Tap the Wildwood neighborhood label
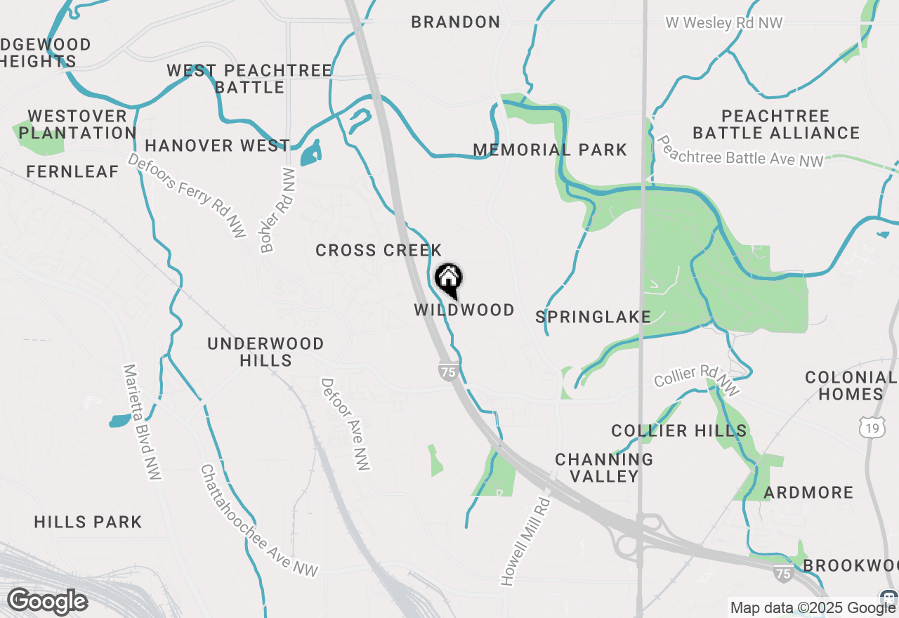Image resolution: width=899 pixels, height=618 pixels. coord(464,310)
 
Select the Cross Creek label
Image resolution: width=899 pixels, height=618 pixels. coord(379,250)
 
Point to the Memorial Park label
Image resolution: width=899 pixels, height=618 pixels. coord(550,150)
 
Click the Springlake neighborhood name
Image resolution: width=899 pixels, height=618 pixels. coord(593,317)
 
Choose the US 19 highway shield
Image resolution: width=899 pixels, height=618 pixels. coord(872,426)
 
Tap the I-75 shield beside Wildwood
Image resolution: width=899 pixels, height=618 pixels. coord(448,372)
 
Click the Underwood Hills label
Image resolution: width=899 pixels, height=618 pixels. coord(265,352)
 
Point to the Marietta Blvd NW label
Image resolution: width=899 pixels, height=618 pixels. coord(142,421)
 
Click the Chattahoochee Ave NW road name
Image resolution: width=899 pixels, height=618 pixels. coord(258,520)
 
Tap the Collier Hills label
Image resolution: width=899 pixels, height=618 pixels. coord(679,430)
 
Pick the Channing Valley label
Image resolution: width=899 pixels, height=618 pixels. coord(604,468)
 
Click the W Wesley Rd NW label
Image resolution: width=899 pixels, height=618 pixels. coord(724,23)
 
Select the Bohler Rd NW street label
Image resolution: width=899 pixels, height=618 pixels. coord(278,210)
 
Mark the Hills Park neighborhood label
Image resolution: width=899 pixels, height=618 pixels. coord(88,522)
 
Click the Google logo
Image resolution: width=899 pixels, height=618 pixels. coord(48,602)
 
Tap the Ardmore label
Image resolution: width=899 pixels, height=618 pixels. coord(808,492)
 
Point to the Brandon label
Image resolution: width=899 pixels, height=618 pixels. coord(456,22)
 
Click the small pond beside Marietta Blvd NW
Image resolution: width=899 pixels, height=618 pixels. coord(119,421)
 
